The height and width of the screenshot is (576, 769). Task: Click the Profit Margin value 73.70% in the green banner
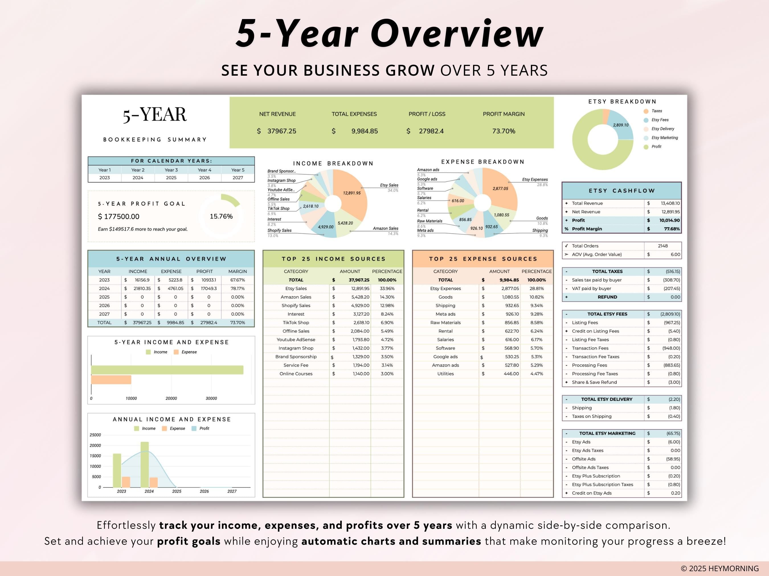click(x=503, y=131)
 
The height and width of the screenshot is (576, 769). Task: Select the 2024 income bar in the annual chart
click(x=145, y=464)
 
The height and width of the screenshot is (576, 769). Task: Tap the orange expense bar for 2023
click(x=126, y=482)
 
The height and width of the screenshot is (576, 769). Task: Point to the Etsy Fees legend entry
click(x=660, y=120)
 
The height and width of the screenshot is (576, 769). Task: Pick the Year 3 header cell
click(x=171, y=170)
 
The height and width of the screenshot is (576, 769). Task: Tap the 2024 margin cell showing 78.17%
click(x=238, y=288)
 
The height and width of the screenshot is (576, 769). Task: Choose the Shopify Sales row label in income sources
click(x=296, y=305)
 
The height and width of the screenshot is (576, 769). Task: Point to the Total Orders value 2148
click(x=662, y=246)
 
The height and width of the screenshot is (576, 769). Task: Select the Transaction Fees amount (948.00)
click(x=670, y=348)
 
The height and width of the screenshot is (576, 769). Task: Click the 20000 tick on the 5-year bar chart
click(x=171, y=399)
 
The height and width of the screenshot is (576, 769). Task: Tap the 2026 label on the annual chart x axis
click(x=204, y=492)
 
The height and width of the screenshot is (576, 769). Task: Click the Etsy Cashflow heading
click(x=621, y=191)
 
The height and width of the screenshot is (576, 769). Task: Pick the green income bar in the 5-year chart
click(x=167, y=370)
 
